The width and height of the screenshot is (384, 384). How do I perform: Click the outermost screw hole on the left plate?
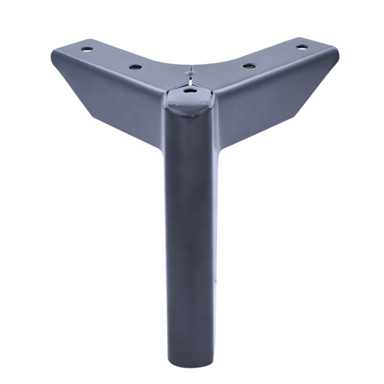tap(86, 49)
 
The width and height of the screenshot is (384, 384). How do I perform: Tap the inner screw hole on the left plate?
tap(135, 67)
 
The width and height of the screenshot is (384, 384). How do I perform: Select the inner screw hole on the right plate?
tap(248, 65)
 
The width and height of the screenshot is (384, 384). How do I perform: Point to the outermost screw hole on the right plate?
tap(301, 47)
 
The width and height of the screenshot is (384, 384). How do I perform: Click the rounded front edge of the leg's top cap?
tap(189, 107)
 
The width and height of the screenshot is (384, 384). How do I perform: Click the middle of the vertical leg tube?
tap(189, 240)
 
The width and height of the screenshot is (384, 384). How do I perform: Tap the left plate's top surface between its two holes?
tap(110, 58)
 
